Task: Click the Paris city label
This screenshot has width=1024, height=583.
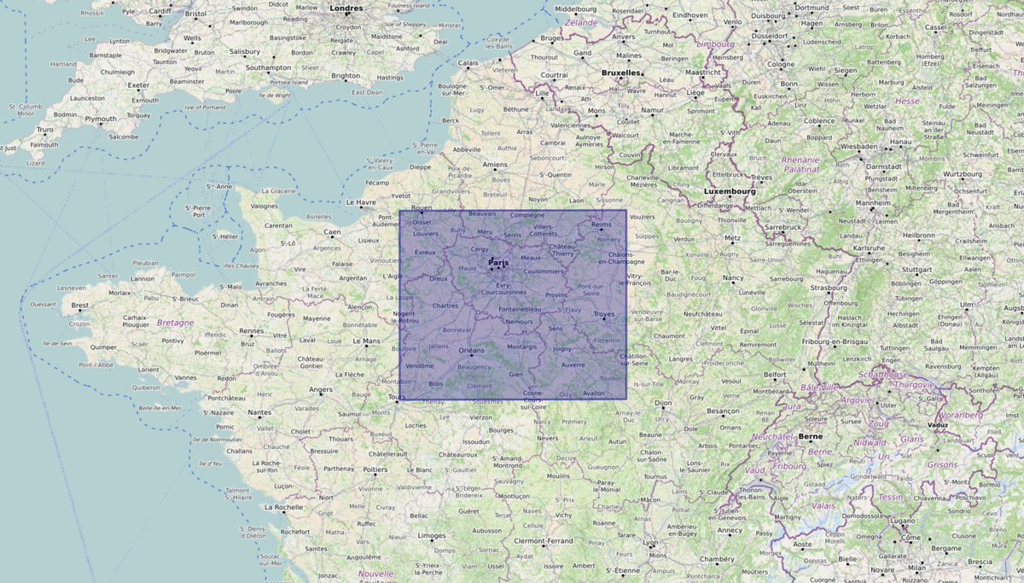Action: coord(498,262)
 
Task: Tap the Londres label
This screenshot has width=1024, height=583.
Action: coord(346,9)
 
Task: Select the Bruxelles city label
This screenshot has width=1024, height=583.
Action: coord(620,73)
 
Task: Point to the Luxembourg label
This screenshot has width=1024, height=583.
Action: coord(731,192)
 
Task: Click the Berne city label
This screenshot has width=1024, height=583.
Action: coord(811,436)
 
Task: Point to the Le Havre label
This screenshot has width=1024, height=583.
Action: coord(361,202)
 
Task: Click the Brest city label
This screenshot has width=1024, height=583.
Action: coord(80,305)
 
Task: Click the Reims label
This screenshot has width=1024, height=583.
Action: coord(602,224)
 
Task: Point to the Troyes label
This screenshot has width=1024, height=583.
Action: coord(604,314)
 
